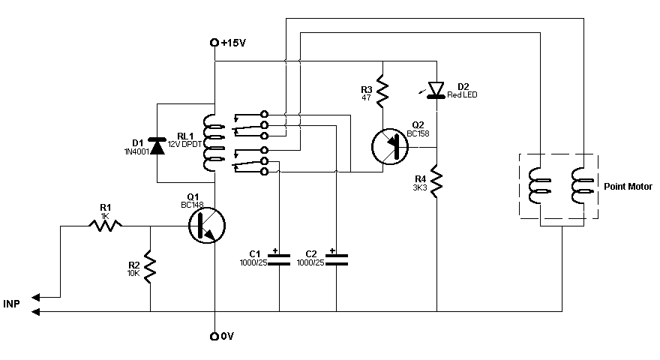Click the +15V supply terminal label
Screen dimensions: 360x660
tap(233, 43)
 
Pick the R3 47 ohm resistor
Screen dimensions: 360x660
tap(382, 91)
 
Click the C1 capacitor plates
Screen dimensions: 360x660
tap(279, 259)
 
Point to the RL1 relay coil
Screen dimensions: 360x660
tap(212, 143)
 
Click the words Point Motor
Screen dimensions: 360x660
tap(628, 187)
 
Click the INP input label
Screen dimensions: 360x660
tap(11, 304)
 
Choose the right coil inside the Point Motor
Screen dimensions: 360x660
tap(580, 186)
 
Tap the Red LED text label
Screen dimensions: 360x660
tap(462, 94)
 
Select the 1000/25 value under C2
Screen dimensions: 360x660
tap(310, 262)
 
